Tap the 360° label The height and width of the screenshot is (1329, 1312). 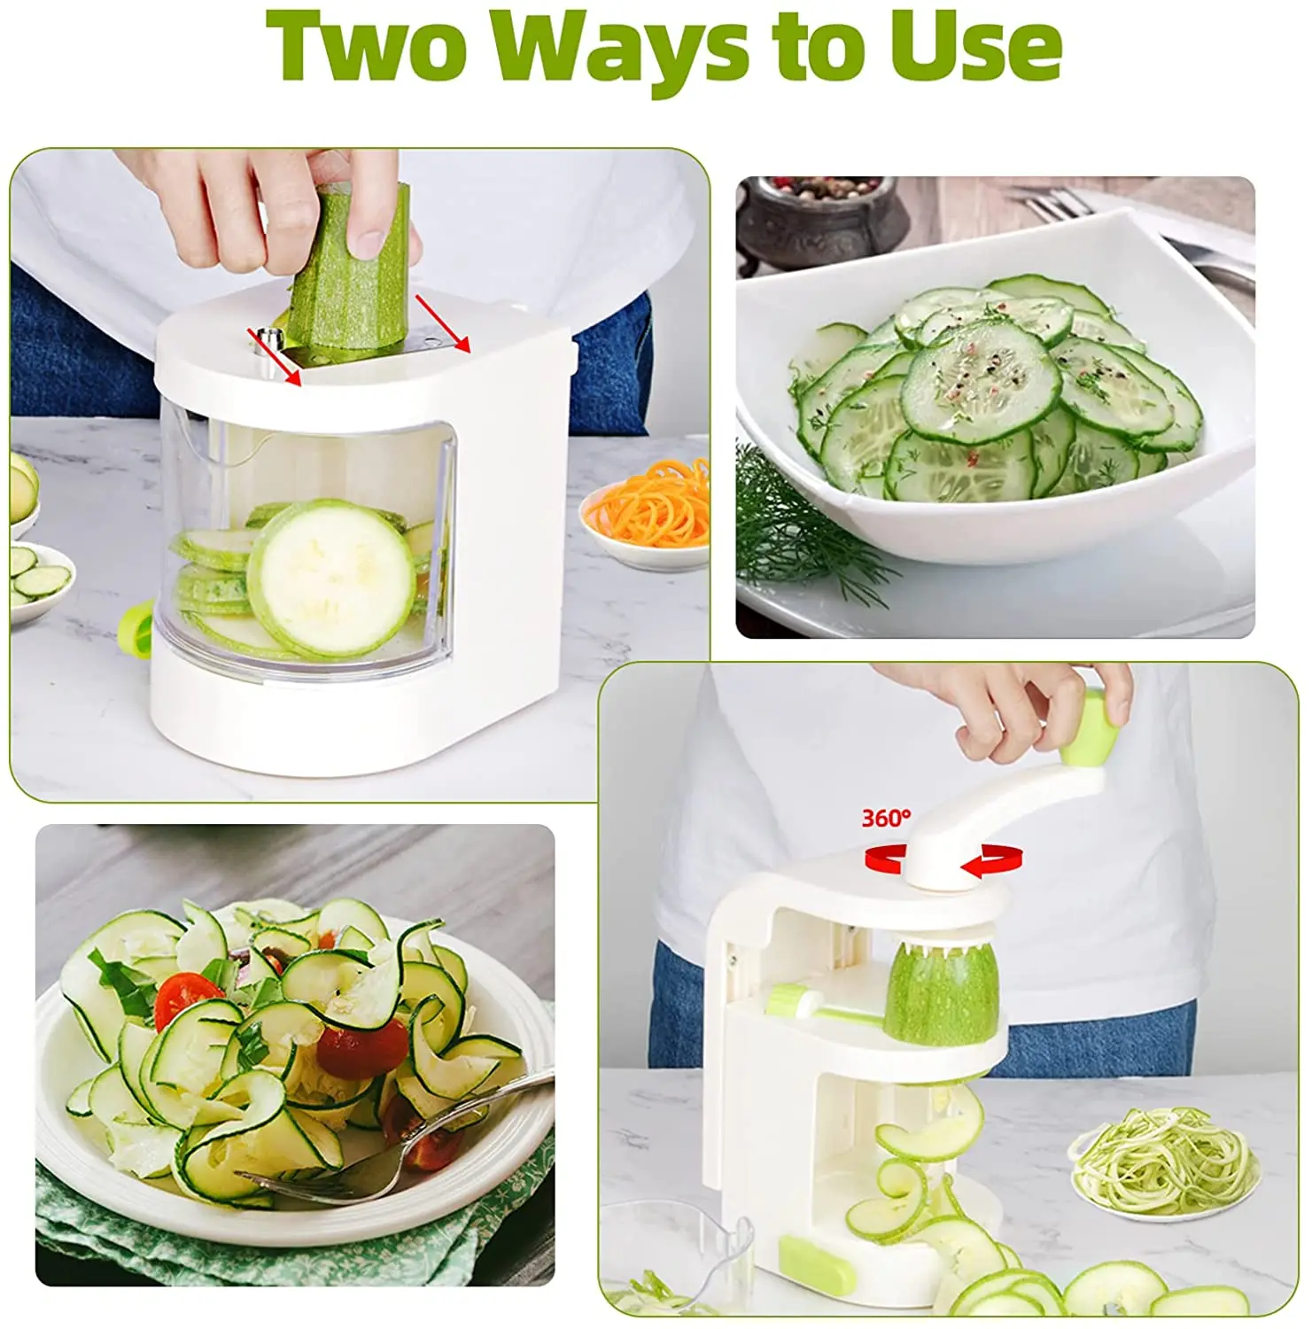(885, 817)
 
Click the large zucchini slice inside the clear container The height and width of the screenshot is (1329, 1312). (330, 578)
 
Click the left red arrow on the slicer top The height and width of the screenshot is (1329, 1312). (276, 358)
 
